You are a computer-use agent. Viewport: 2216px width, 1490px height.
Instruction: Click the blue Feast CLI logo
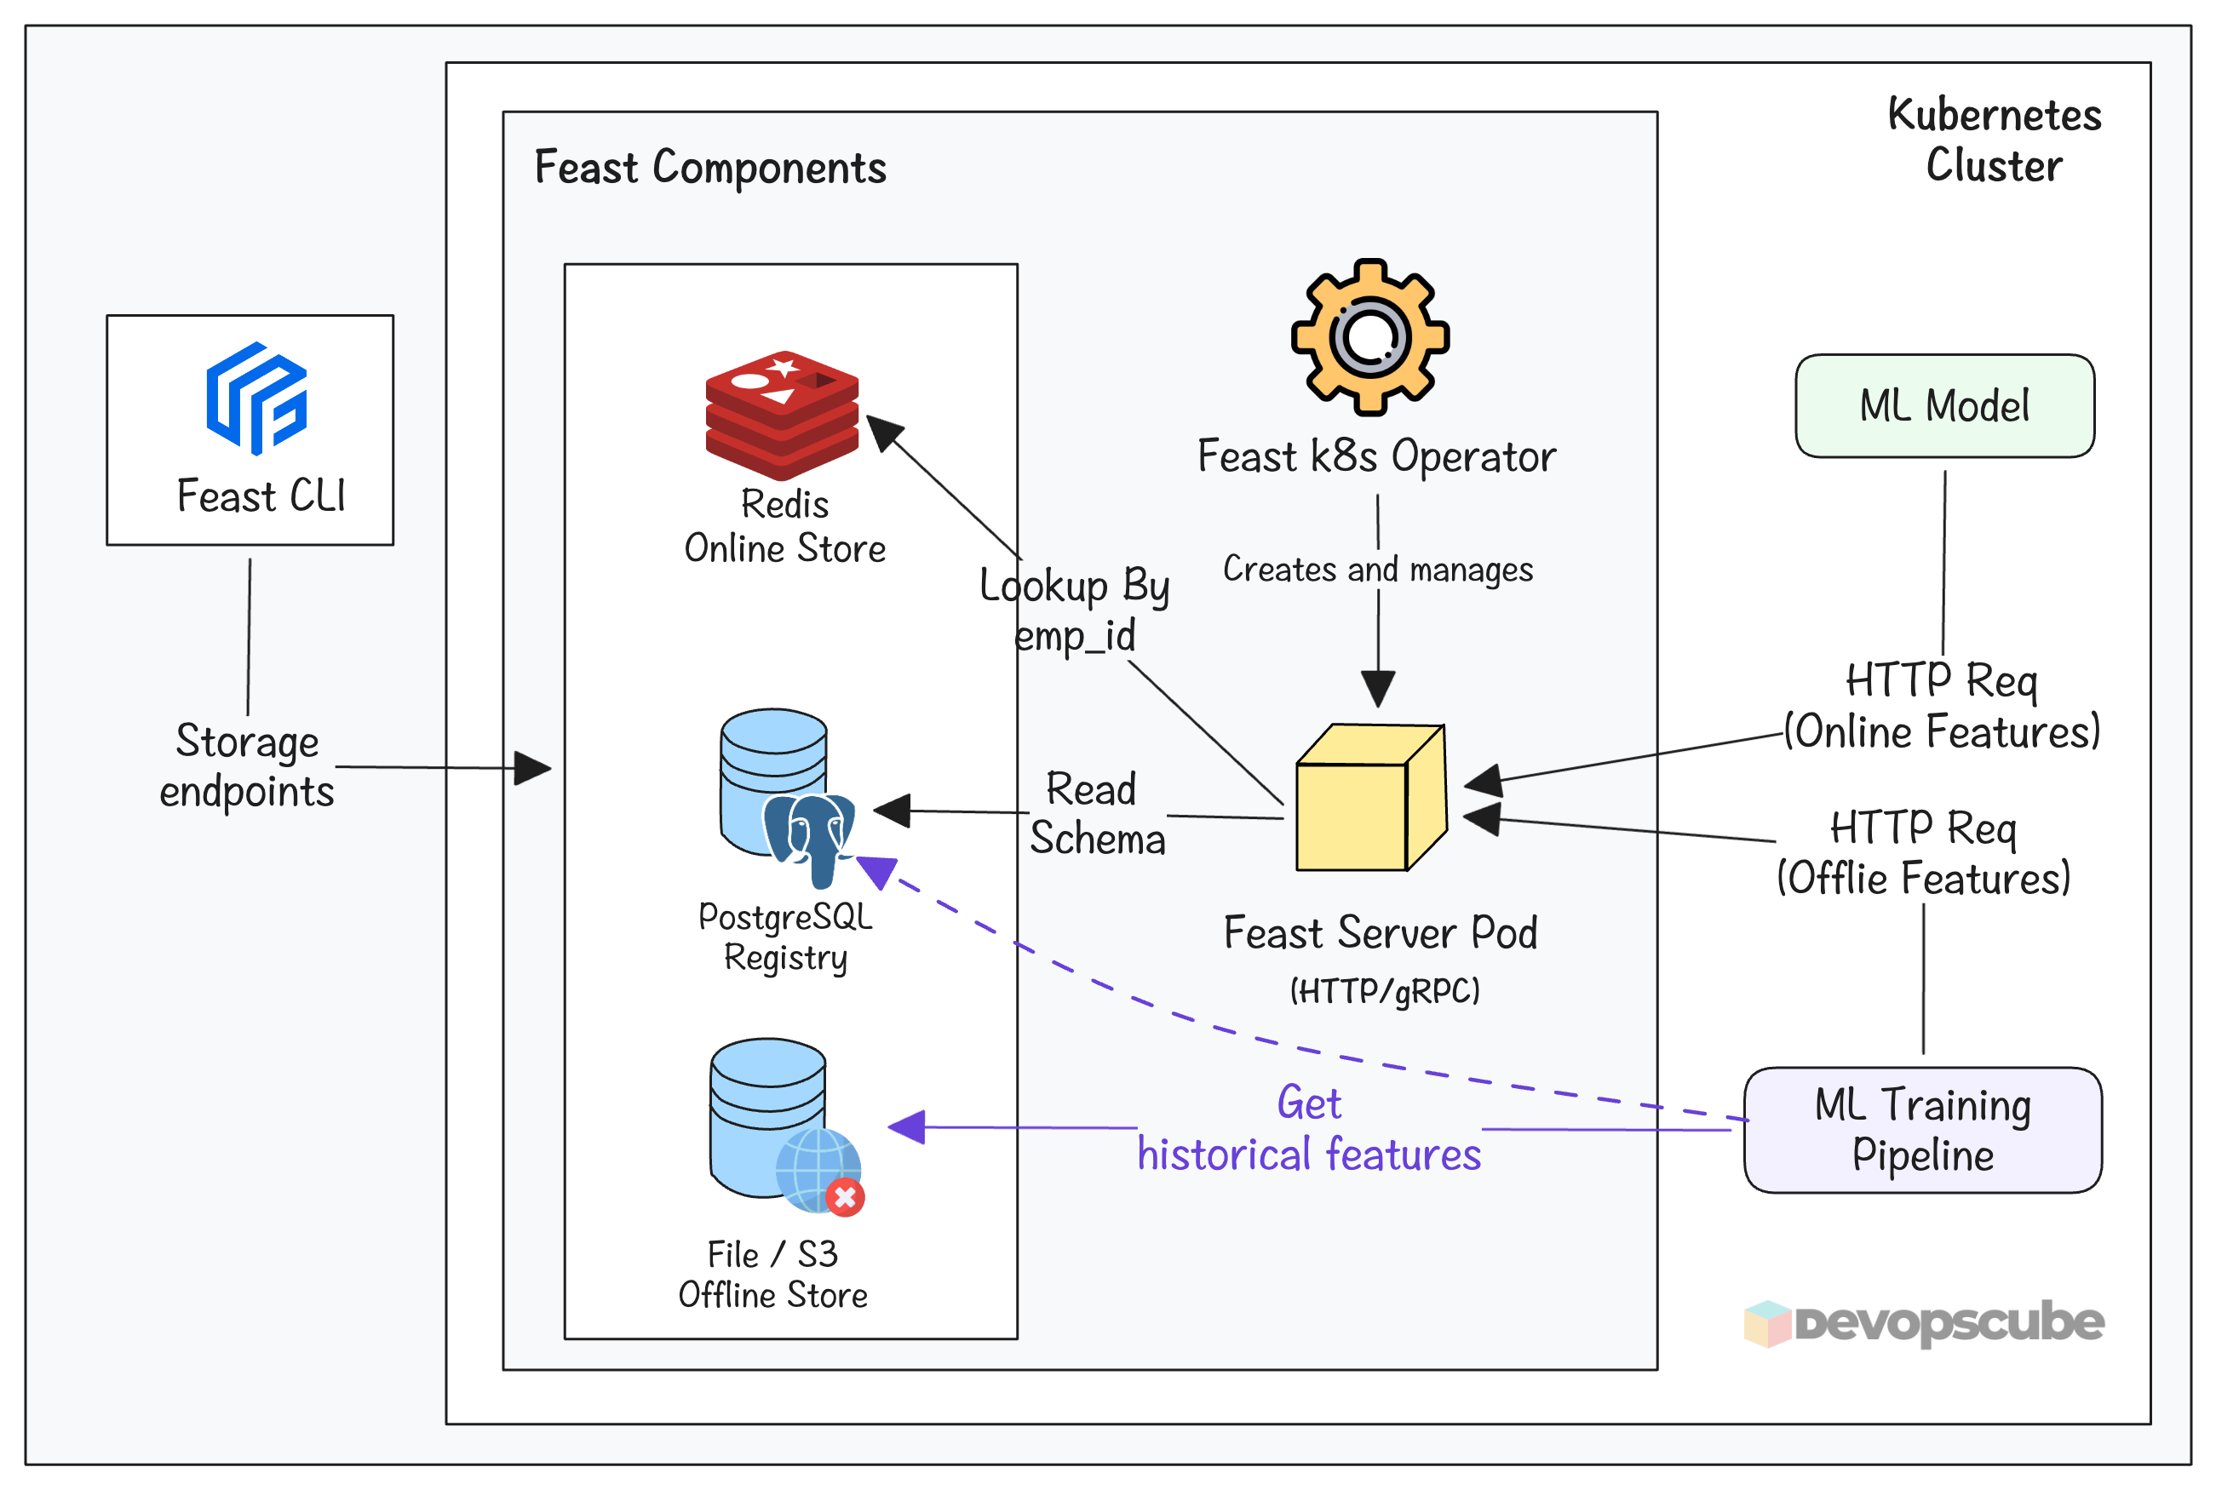[256, 398]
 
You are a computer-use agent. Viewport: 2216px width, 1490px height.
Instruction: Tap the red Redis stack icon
[781, 415]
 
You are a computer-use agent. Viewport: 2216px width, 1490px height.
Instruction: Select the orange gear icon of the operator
[1369, 336]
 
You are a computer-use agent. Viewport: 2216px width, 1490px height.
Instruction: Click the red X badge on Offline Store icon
[845, 1197]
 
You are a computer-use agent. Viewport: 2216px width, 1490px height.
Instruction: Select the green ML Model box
[1943, 406]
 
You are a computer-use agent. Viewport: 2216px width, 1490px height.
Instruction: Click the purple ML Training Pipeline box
[1921, 1130]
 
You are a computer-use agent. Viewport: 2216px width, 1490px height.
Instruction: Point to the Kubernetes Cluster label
[1993, 140]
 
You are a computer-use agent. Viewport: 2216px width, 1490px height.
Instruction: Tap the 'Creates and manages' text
[1377, 570]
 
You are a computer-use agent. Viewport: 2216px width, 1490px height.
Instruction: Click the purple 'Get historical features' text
[1308, 1129]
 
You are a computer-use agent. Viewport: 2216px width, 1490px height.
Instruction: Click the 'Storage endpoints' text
[247, 766]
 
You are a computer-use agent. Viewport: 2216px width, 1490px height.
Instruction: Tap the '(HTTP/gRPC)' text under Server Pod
[1384, 992]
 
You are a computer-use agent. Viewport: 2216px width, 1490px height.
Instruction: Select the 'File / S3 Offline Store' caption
[772, 1275]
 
